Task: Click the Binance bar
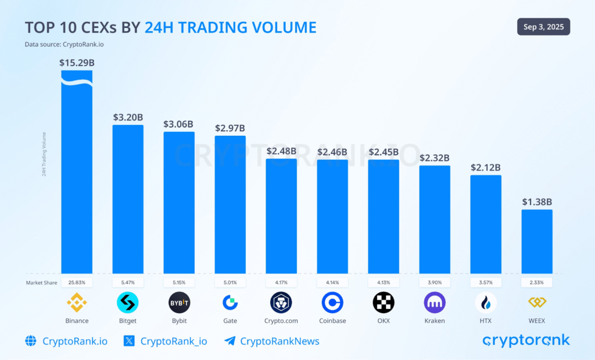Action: [x=77, y=174]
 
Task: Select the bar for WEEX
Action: [x=537, y=241]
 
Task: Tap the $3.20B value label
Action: [x=128, y=117]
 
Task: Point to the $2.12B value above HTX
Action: [x=486, y=167]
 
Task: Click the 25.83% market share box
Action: [x=77, y=282]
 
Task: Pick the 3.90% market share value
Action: [x=435, y=282]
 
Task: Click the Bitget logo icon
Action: [x=128, y=303]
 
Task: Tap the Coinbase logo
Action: [x=332, y=303]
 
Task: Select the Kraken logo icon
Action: [x=435, y=303]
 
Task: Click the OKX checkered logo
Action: [x=383, y=303]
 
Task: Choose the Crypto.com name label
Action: [x=281, y=321]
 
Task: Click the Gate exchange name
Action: [x=230, y=321]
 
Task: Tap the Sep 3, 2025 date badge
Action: [x=543, y=27]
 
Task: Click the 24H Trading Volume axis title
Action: [x=44, y=154]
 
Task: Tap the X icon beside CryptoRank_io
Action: [x=130, y=341]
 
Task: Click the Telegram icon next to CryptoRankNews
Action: [x=230, y=341]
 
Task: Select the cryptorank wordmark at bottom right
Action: [x=526, y=340]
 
